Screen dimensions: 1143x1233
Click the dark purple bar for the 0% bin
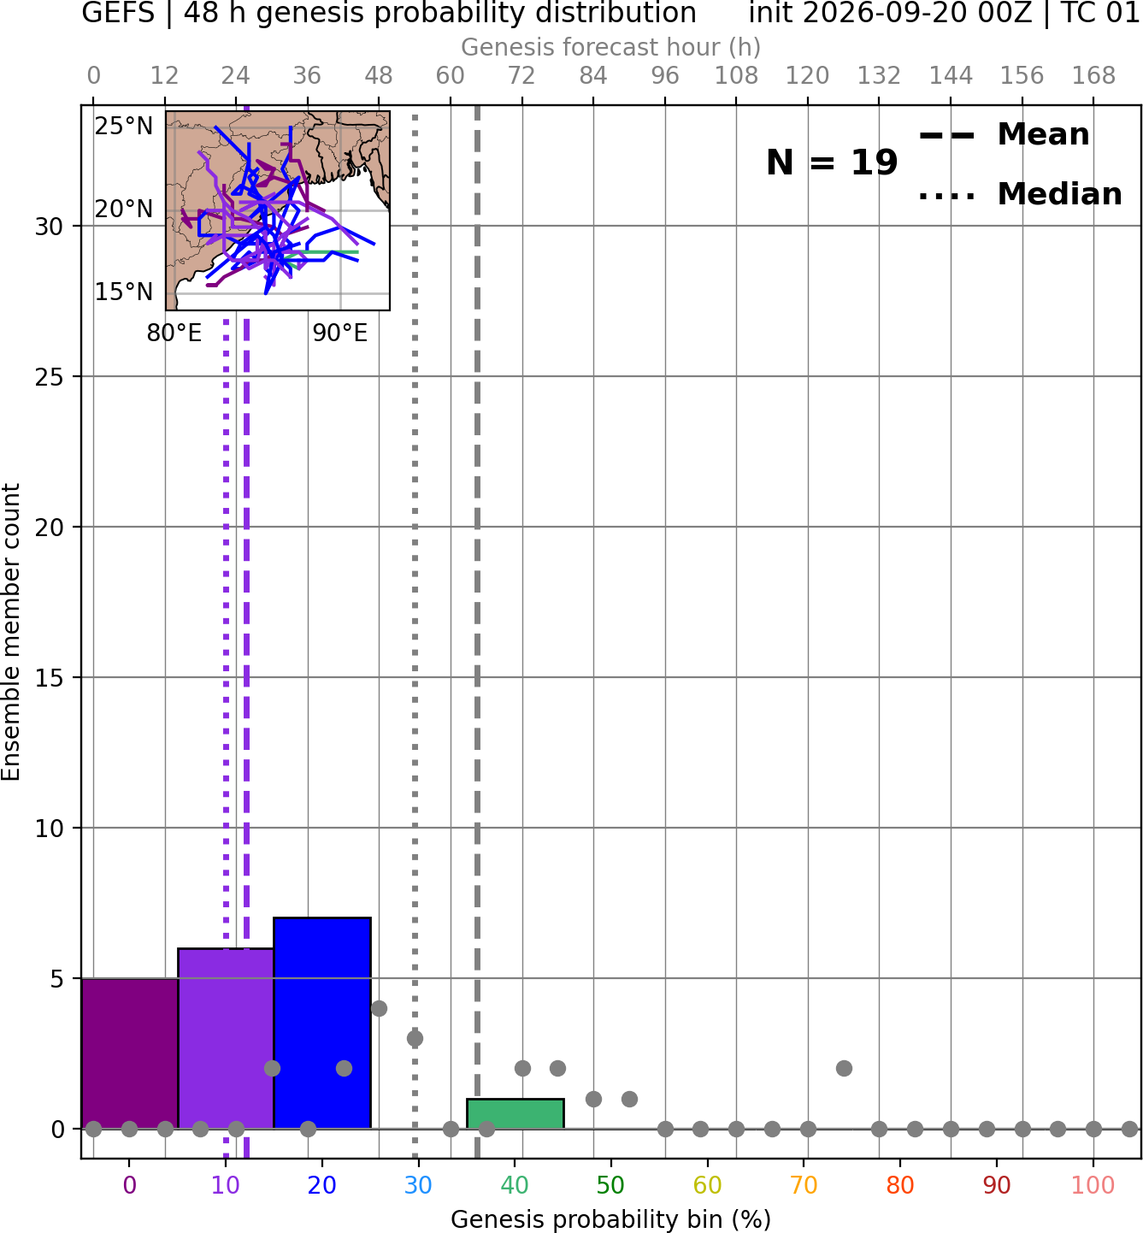130,1053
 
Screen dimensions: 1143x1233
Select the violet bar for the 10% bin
226,1038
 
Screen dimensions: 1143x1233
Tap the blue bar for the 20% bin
322,1023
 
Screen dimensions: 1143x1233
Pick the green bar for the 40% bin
516,1113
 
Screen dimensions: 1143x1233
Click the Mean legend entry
1004,134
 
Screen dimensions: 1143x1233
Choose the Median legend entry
1020,194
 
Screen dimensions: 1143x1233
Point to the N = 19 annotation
832,162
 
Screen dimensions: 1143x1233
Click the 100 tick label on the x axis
1093,1185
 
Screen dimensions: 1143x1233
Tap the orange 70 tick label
804,1185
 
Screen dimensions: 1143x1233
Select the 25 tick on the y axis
50,377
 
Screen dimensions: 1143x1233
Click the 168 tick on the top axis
1093,76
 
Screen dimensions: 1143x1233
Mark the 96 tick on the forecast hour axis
665,76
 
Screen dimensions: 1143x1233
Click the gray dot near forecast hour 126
844,1068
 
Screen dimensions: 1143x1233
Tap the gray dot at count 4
379,1008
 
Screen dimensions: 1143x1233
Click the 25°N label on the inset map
124,127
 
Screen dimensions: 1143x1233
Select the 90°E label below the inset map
339,333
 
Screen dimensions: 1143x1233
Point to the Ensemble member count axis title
10,632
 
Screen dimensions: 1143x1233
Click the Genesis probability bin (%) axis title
611,1219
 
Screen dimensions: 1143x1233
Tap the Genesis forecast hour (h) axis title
611,47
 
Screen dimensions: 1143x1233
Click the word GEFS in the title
118,13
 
